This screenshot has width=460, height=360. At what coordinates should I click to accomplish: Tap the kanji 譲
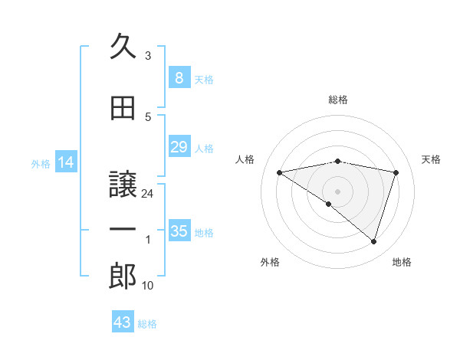point(123,183)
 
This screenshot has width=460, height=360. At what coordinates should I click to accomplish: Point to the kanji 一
point(123,231)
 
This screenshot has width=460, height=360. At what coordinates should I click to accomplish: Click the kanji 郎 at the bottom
point(123,277)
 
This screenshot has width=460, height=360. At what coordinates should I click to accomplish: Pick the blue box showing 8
point(179,77)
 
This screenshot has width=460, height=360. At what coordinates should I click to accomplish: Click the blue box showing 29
point(179,147)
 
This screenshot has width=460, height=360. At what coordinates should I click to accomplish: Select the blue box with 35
point(179,231)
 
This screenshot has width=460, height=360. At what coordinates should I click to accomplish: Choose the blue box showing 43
point(123,322)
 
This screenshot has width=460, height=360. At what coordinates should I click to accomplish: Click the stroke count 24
point(148,194)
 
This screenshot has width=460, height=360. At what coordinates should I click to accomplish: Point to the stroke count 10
point(148,286)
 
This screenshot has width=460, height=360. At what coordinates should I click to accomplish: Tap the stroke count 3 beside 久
point(148,56)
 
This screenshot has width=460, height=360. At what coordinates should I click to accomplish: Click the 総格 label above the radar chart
point(337,100)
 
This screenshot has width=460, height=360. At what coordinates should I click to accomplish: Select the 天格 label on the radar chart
point(431,159)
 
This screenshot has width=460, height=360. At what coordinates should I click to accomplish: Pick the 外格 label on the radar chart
point(270,262)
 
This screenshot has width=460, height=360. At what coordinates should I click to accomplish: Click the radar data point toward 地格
point(373,241)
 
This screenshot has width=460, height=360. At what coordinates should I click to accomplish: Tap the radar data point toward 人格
point(279,172)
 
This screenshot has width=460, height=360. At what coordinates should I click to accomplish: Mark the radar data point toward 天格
point(396,172)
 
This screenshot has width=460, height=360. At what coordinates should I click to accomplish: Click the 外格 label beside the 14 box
point(40,163)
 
